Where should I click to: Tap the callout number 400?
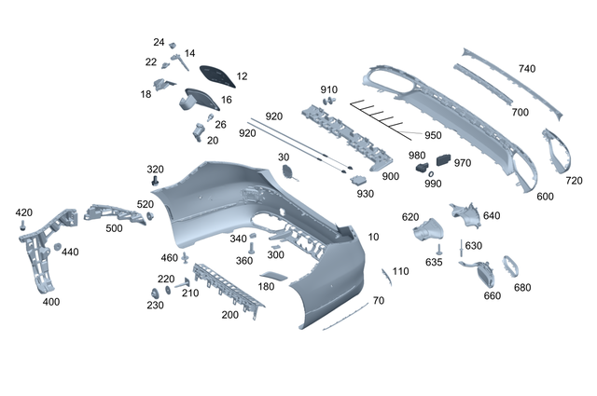pyautogui.click(x=51, y=302)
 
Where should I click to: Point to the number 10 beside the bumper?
pyautogui.click(x=374, y=238)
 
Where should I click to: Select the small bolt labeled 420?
pyautogui.click(x=22, y=225)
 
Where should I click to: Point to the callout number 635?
pyautogui.click(x=434, y=262)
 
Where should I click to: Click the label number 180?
pyautogui.click(x=265, y=287)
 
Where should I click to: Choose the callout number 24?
pyautogui.click(x=159, y=43)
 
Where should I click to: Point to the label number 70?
pyautogui.click(x=378, y=301)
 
